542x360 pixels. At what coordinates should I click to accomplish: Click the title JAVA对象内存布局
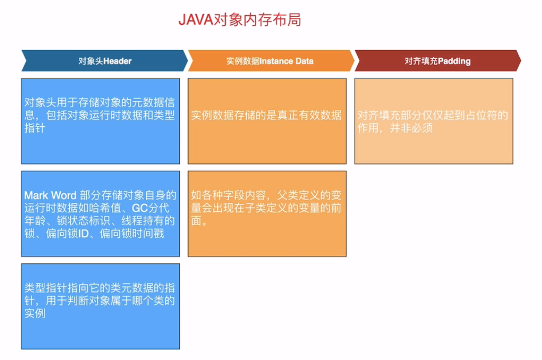point(239,20)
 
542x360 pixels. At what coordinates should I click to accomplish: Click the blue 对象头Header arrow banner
point(105,61)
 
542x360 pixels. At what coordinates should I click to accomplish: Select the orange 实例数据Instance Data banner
point(270,61)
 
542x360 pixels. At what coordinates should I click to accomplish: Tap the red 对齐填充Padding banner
point(437,61)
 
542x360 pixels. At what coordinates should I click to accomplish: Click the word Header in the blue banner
point(117,61)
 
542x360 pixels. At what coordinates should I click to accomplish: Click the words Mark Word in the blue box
point(51,196)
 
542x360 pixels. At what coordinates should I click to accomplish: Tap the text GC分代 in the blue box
point(154,208)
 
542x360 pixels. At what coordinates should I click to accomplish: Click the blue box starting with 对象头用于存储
point(100,121)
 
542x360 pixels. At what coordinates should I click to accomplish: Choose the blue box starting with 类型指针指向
point(100,306)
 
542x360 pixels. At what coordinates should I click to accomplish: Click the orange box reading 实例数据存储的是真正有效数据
point(267,121)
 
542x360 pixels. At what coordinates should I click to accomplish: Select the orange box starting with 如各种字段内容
point(267,214)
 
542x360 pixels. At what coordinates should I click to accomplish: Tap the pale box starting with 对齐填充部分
point(433,121)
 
